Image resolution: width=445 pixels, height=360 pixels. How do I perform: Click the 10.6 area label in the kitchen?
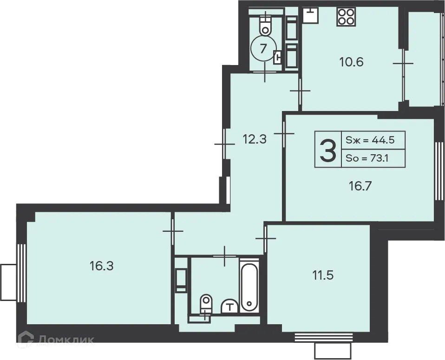(x=351, y=62)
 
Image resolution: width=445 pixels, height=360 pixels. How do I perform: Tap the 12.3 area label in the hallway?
(x=255, y=139)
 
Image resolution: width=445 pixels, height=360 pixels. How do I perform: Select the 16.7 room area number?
(x=360, y=186)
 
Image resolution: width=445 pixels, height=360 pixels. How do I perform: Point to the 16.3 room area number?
(x=102, y=266)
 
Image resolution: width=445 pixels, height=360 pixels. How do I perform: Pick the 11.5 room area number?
(x=323, y=275)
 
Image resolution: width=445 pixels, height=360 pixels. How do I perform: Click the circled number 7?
(x=264, y=48)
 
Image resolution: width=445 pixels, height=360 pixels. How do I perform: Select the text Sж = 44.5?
(x=370, y=140)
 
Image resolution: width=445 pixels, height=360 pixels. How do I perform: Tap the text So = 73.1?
(x=366, y=158)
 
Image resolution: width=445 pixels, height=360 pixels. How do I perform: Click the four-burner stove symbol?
(x=346, y=17)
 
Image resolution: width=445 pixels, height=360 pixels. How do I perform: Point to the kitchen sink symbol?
(x=310, y=15)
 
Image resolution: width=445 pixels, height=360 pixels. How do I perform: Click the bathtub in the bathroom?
(x=249, y=287)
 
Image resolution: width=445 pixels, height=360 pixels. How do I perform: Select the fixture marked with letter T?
(x=230, y=306)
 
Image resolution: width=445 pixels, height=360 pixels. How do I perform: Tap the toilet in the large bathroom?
(x=206, y=304)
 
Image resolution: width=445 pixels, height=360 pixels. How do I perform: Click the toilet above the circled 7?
(x=265, y=24)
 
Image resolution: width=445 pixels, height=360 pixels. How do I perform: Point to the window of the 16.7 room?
(x=439, y=170)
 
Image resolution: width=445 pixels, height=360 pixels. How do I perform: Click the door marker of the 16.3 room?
(x=172, y=231)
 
